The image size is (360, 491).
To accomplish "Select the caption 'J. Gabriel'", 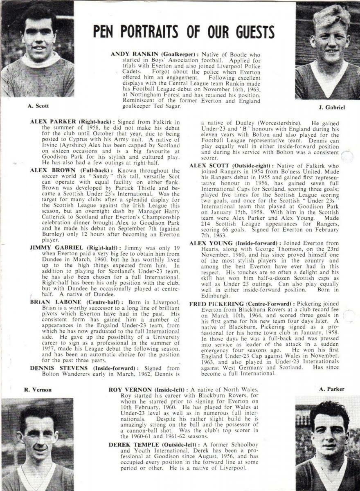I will (331, 108).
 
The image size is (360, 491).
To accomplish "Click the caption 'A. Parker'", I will (332, 389).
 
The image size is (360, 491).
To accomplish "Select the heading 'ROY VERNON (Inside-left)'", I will (148, 390).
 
